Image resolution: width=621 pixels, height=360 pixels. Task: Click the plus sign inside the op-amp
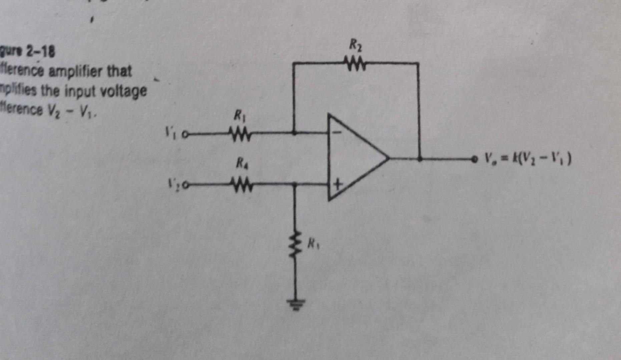coord(338,184)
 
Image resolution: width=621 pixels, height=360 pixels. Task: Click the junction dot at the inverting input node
coord(294,133)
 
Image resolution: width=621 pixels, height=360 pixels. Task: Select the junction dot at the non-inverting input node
coord(294,184)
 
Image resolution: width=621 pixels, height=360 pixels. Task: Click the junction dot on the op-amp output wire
coord(420,159)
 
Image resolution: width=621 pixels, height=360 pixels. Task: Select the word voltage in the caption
coord(129,91)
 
